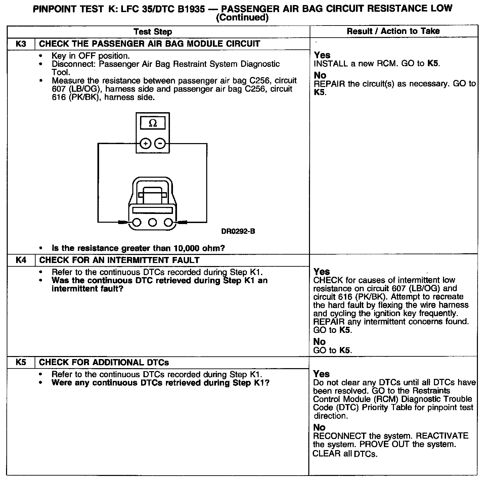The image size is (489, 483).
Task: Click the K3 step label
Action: pyautogui.click(x=21, y=44)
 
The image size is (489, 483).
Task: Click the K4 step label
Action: pyautogui.click(x=21, y=260)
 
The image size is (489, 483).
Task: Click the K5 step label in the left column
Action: pyautogui.click(x=21, y=362)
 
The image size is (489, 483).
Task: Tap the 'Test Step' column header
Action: pyautogui.click(x=153, y=32)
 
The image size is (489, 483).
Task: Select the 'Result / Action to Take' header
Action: pyautogui.click(x=393, y=31)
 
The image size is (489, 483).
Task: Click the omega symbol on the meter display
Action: pyautogui.click(x=152, y=123)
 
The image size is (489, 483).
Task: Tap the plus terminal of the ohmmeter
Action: pyautogui.click(x=145, y=144)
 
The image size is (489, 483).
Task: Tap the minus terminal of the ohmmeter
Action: pyautogui.click(x=160, y=144)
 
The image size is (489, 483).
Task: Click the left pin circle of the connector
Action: pyautogui.click(x=136, y=222)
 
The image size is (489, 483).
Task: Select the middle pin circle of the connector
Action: pyautogui.click(x=152, y=222)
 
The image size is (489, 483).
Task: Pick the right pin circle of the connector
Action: pyautogui.click(x=169, y=222)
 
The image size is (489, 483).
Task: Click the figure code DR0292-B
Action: pyautogui.click(x=238, y=231)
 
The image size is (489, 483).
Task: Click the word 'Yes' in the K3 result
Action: pyautogui.click(x=322, y=55)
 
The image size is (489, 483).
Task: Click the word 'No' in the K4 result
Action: pyautogui.click(x=319, y=342)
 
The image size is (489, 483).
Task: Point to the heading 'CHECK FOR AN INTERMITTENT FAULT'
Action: pyautogui.click(x=120, y=260)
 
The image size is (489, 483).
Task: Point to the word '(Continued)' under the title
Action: pyautogui.click(x=242, y=17)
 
